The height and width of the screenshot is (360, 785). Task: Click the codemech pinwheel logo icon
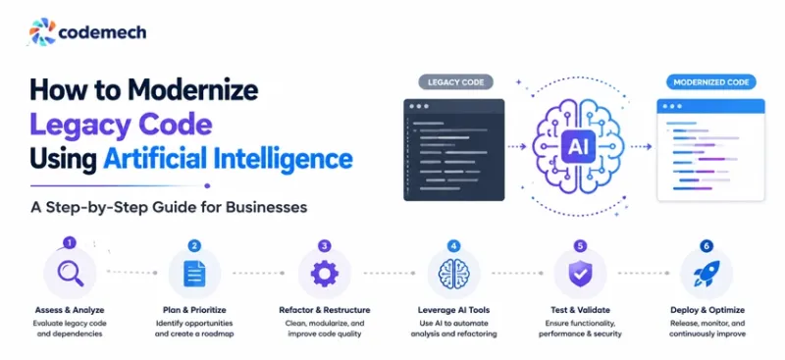(x=42, y=32)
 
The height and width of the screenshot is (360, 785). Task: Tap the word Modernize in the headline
(x=192, y=90)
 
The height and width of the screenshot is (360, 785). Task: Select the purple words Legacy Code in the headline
(x=121, y=126)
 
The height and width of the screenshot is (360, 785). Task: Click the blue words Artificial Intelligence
(x=228, y=159)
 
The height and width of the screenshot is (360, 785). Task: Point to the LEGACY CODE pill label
(x=455, y=82)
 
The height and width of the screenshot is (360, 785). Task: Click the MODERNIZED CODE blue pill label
(x=710, y=82)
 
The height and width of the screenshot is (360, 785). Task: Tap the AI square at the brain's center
(x=578, y=146)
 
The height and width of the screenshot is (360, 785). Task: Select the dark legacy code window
(x=454, y=150)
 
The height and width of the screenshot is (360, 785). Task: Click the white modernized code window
(x=710, y=150)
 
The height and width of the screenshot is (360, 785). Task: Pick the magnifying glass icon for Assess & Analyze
(x=70, y=274)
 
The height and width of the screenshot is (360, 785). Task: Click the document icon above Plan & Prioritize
(x=194, y=274)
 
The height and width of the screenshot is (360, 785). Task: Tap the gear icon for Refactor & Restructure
(x=325, y=274)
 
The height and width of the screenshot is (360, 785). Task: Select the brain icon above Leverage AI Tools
(x=453, y=274)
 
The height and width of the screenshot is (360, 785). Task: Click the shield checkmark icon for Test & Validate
(x=580, y=274)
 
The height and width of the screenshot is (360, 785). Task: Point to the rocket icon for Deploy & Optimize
(x=706, y=274)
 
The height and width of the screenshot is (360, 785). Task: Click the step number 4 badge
(x=453, y=246)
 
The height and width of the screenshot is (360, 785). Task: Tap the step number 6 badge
(x=706, y=246)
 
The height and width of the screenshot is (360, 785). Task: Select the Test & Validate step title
(x=580, y=310)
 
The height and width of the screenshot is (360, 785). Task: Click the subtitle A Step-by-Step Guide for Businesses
(x=169, y=207)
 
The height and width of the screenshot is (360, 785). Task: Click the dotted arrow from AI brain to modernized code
(x=641, y=147)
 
